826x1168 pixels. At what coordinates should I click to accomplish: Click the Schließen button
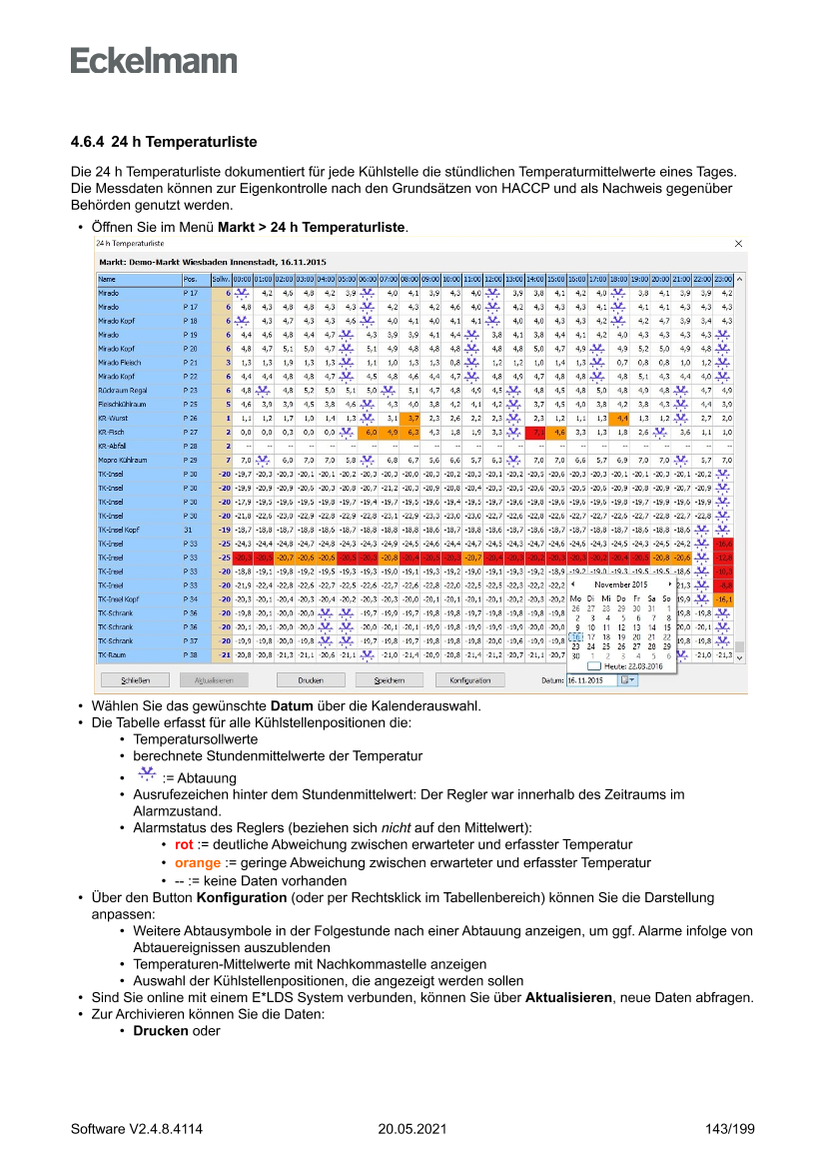tap(135, 680)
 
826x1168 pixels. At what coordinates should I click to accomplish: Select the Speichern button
tap(389, 680)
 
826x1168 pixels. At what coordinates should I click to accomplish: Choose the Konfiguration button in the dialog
tap(470, 680)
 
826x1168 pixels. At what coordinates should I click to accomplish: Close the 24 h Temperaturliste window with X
tap(739, 243)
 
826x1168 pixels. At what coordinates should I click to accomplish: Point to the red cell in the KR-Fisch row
tap(536, 432)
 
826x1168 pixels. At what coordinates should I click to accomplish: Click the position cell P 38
tap(195, 654)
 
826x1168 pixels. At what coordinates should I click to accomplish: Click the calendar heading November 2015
tap(621, 584)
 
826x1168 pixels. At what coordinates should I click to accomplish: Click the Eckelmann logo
tap(154, 60)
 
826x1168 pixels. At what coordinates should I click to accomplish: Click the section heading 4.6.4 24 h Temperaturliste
tap(164, 142)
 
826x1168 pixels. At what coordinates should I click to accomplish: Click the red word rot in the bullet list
tap(184, 844)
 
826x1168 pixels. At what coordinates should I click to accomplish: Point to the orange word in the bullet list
tap(198, 862)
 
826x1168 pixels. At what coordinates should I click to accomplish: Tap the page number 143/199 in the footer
tap(729, 1130)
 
